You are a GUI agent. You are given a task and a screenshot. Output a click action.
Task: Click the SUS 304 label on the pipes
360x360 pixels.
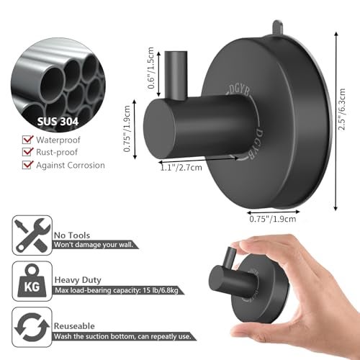[x=58, y=122]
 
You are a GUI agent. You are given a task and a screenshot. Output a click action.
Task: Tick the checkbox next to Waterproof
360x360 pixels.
[x=27, y=140]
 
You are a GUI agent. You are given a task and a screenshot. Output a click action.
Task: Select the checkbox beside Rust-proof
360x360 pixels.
[x=27, y=152]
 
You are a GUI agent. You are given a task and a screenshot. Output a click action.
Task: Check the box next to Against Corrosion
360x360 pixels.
[x=27, y=165]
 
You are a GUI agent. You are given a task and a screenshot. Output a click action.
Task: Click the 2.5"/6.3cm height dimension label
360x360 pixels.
[x=341, y=109]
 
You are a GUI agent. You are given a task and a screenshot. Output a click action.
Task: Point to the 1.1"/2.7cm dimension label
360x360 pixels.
[x=181, y=167]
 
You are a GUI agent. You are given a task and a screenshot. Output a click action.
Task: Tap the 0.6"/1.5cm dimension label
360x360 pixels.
[x=150, y=68]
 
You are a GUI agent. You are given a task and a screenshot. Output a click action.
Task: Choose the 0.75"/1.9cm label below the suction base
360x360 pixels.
[x=273, y=219]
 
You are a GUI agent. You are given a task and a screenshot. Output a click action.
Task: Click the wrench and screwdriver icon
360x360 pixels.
[x=32, y=235]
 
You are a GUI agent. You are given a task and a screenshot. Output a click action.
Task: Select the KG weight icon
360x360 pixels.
[x=32, y=281]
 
